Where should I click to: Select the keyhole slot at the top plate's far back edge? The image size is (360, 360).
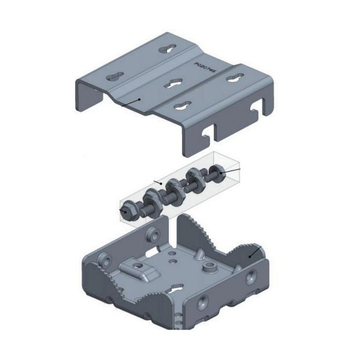[x=166, y=49]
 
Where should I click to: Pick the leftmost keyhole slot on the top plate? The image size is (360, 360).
[x=116, y=77]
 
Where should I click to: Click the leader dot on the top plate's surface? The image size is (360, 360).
[x=140, y=99]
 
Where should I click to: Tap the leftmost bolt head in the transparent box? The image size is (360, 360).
[x=124, y=210]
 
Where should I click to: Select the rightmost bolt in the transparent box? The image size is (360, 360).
[x=217, y=173]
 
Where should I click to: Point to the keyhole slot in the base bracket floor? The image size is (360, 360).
[x=176, y=289]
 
